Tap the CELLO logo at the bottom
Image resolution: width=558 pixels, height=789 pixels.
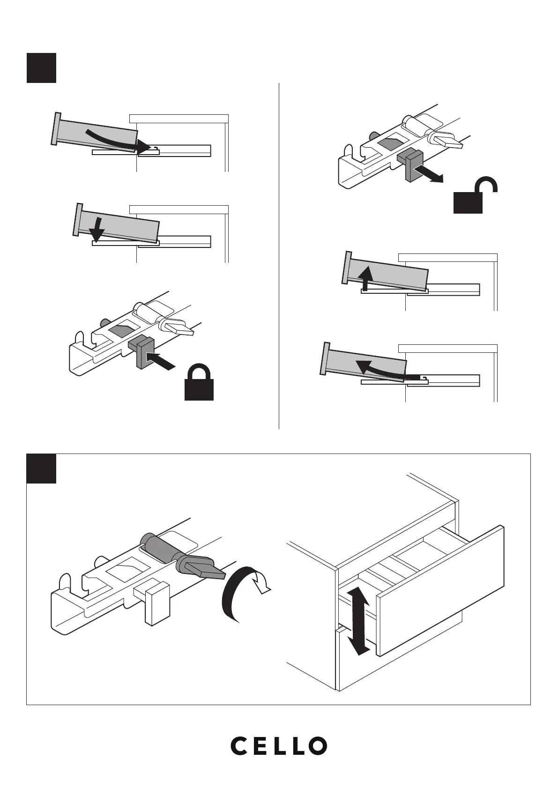point(279,745)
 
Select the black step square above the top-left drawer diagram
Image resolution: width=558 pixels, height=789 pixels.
point(41,68)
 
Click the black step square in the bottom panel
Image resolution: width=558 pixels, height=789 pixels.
point(41,468)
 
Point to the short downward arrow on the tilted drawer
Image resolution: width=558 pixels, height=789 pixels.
point(97,230)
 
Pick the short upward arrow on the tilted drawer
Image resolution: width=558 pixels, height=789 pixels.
point(366,277)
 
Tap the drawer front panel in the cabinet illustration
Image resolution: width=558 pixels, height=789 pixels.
point(440,590)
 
